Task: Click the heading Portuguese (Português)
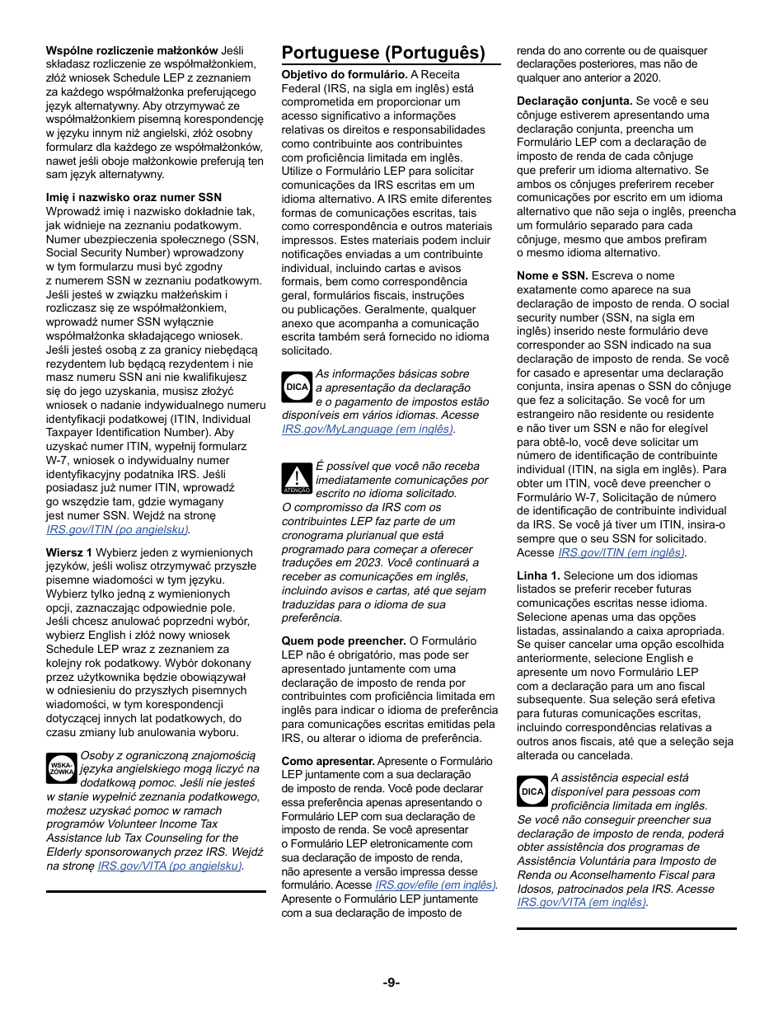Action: (x=383, y=53)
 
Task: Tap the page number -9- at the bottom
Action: (x=391, y=982)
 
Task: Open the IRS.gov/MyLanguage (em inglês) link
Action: (x=368, y=429)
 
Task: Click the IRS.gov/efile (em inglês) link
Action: (x=435, y=885)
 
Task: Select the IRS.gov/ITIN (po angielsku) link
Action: (x=117, y=529)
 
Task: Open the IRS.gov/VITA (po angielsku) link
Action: (x=170, y=866)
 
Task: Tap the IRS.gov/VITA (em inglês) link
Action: (x=581, y=902)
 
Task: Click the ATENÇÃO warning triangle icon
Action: (x=296, y=477)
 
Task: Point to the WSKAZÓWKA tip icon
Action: (x=61, y=768)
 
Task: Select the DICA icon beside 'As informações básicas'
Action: (x=297, y=387)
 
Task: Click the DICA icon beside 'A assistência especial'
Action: (x=532, y=791)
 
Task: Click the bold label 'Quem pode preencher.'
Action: (x=344, y=641)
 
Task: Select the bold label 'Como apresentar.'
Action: (x=328, y=761)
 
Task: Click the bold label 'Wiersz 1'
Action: (x=69, y=552)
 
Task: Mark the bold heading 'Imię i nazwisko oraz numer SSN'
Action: (x=134, y=198)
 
